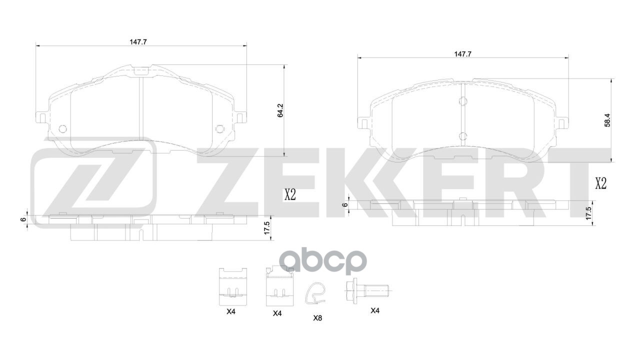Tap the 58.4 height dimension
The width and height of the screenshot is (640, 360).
click(607, 120)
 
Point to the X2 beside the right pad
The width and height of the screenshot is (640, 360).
click(600, 183)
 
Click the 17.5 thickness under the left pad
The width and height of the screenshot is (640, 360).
click(267, 228)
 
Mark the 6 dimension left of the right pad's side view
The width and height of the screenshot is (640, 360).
click(344, 205)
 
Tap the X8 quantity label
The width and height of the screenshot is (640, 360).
click(317, 318)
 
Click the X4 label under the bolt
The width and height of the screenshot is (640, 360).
click(375, 310)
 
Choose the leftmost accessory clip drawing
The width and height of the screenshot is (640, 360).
click(233, 286)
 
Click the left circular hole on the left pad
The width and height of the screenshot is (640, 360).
click(62, 128)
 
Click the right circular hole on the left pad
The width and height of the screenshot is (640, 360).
click(219, 128)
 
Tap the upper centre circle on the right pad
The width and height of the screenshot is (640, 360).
click(462, 102)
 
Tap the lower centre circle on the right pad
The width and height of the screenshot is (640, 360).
click(462, 135)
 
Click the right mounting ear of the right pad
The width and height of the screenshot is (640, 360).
click(562, 122)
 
